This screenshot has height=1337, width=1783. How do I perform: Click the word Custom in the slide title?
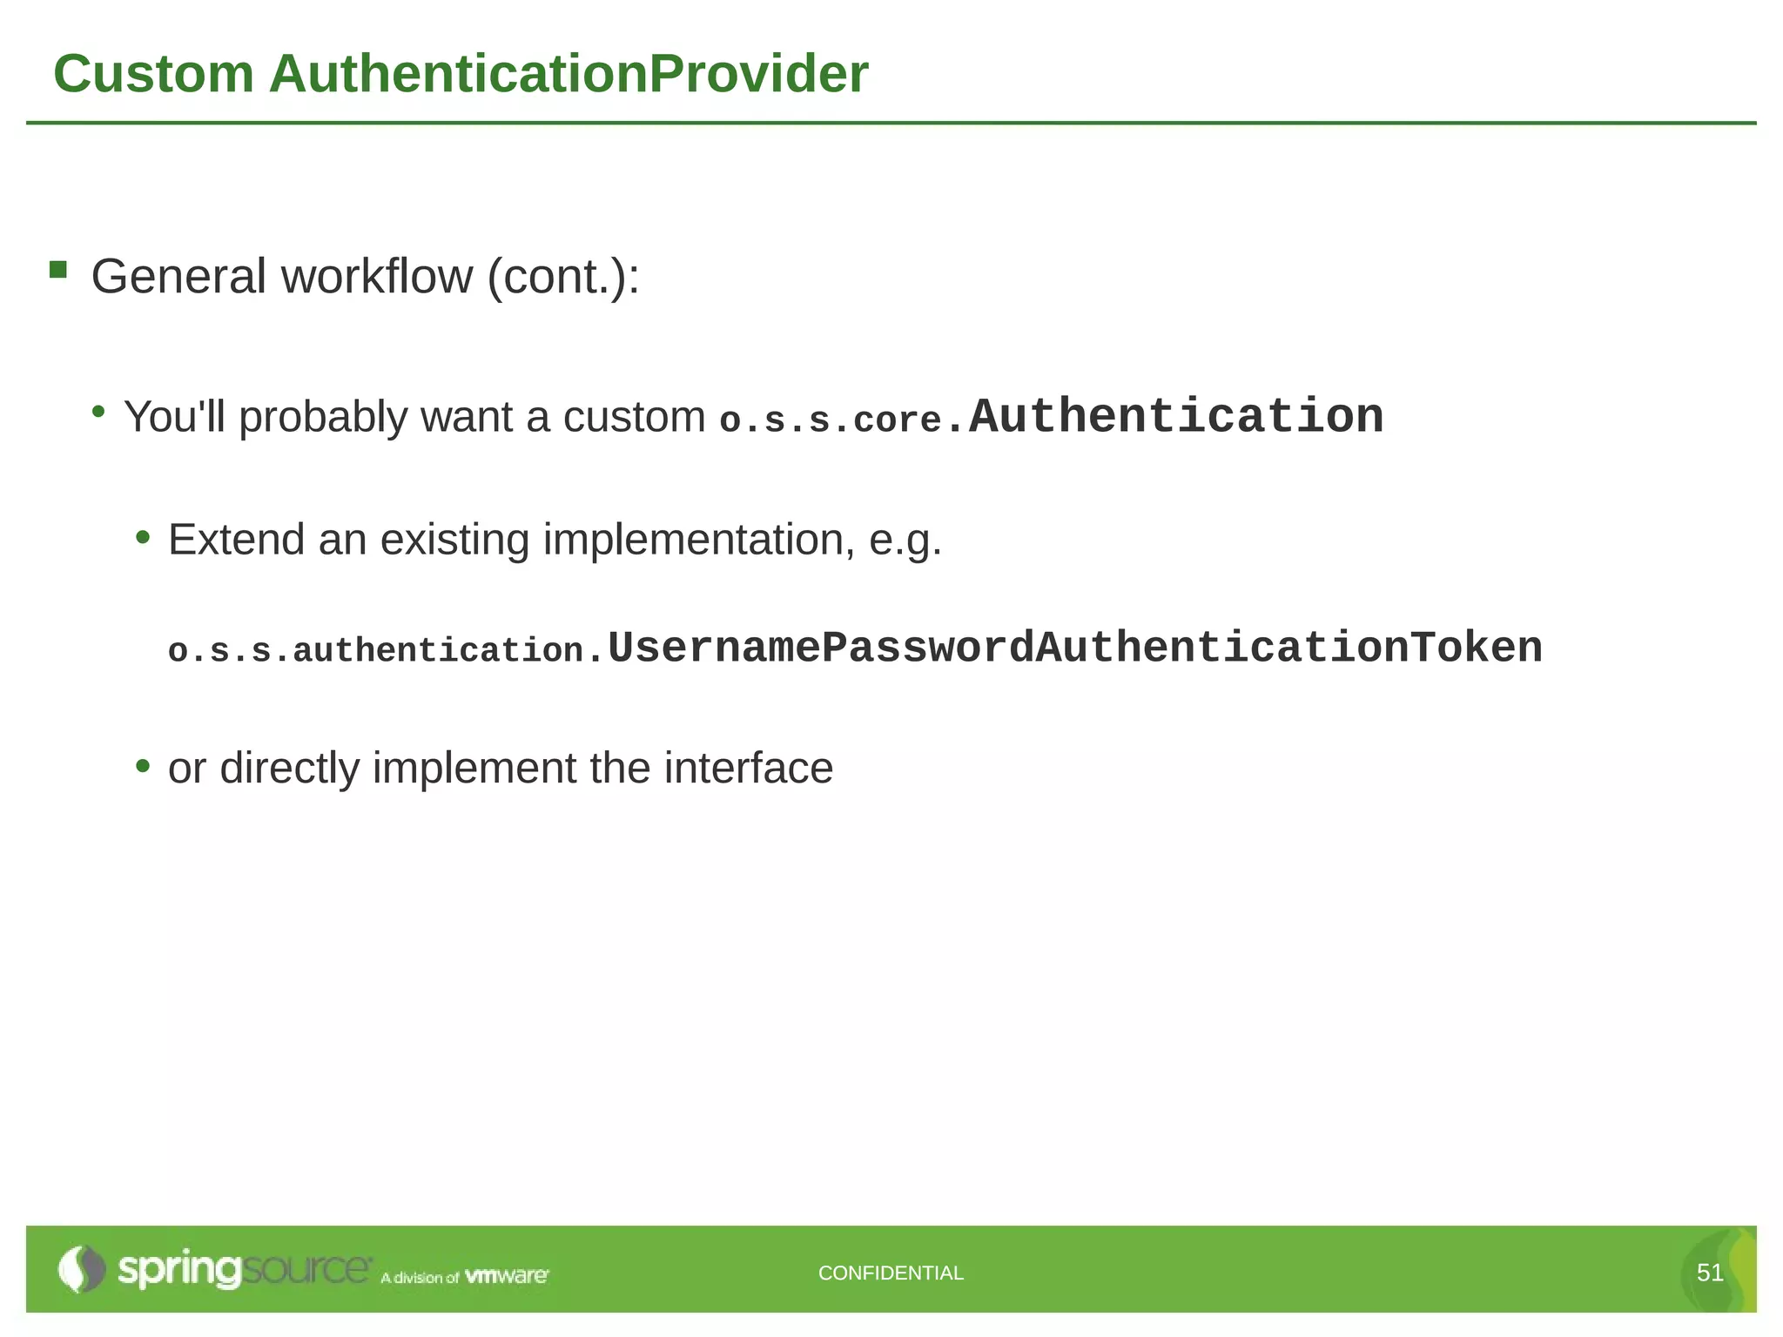153,74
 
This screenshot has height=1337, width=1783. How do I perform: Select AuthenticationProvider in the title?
569,74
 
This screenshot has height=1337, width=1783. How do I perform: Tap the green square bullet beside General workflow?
58,270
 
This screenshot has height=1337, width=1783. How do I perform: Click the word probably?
322,417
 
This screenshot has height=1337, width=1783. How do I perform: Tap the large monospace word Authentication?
1176,416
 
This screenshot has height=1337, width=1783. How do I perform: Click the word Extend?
236,540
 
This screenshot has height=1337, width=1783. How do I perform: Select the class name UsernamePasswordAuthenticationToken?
1075,648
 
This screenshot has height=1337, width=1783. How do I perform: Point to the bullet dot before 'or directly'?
144,767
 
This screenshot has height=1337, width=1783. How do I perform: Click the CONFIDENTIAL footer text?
891,1273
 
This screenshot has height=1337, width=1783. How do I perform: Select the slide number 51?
1710,1273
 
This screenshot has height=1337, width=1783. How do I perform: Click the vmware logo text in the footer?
507,1276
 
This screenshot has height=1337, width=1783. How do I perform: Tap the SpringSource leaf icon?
81,1269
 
